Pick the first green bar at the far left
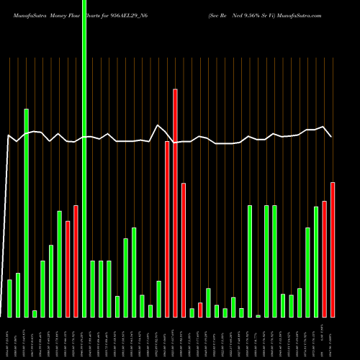point(10,298)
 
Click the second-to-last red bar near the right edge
point(324,259)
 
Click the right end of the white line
point(331,136)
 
